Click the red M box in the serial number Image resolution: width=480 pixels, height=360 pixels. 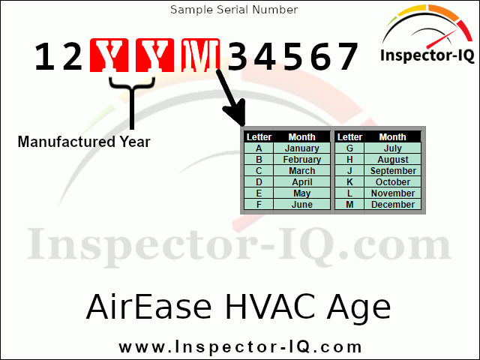pyautogui.click(x=199, y=57)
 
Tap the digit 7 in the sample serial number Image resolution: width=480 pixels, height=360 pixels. pyautogui.click(x=346, y=57)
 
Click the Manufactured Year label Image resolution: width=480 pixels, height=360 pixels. pyautogui.click(x=84, y=141)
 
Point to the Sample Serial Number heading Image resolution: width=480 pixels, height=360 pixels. pyautogui.click(x=234, y=10)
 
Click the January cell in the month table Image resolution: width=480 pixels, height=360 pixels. pyautogui.click(x=302, y=148)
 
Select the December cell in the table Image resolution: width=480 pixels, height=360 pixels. pyautogui.click(x=393, y=205)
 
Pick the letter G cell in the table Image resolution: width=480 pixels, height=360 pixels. pyautogui.click(x=349, y=148)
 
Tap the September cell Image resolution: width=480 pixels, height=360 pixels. pyautogui.click(x=393, y=171)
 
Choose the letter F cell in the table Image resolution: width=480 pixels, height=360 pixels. pyautogui.click(x=259, y=205)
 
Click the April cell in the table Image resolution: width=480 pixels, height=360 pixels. pyautogui.click(x=302, y=182)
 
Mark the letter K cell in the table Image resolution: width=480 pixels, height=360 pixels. pyautogui.click(x=349, y=182)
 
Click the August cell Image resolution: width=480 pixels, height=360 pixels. pyautogui.click(x=393, y=160)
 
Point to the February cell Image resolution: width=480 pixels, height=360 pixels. pyautogui.click(x=302, y=160)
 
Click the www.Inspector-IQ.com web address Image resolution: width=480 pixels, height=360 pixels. pyautogui.click(x=240, y=347)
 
